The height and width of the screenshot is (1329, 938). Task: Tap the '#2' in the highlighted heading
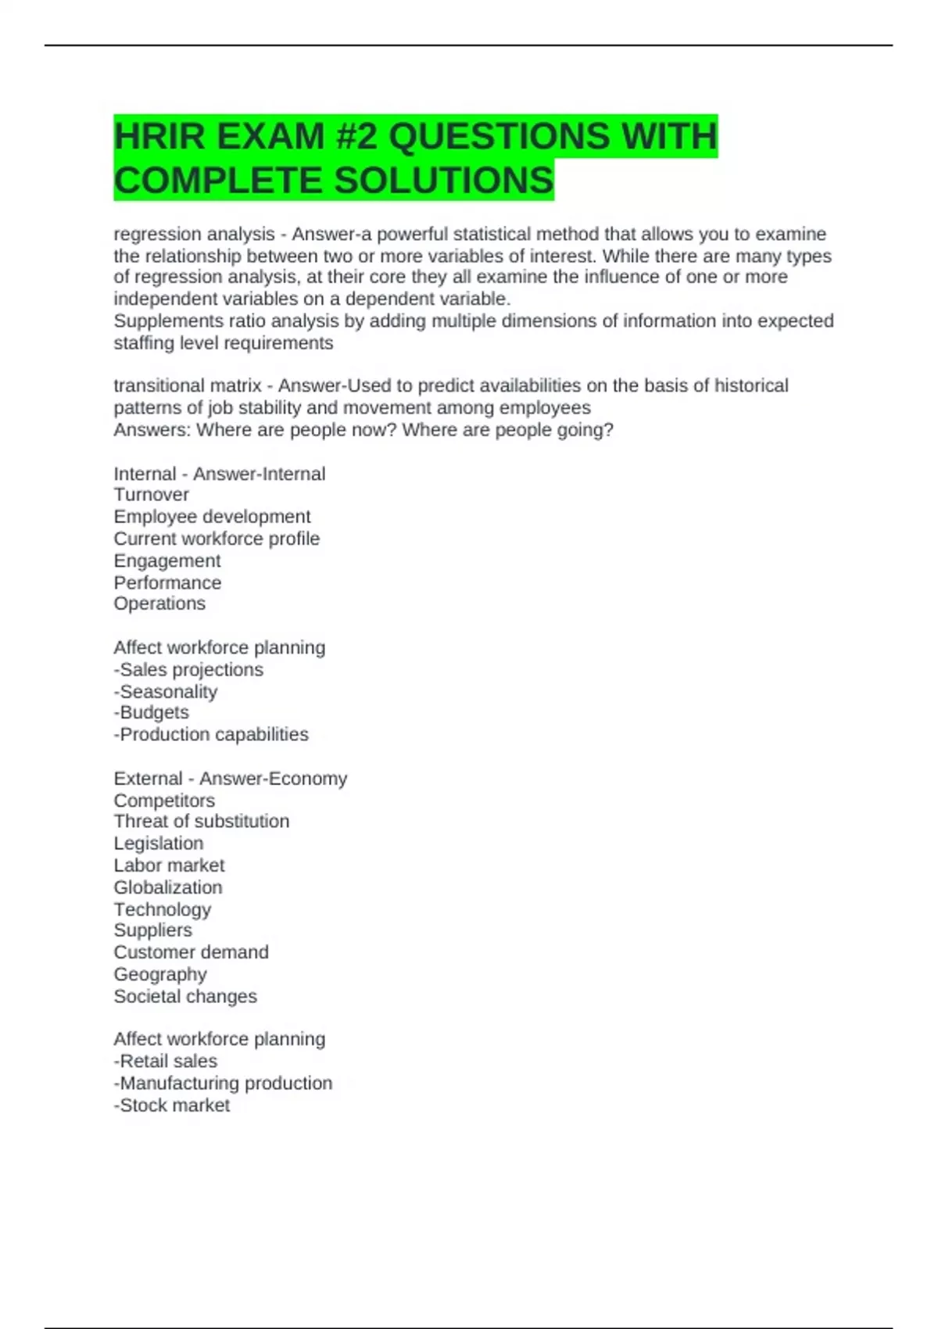click(356, 137)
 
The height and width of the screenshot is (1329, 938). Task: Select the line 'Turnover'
click(152, 495)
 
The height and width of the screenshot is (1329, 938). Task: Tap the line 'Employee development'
click(212, 517)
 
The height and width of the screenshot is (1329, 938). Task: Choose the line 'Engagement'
click(167, 561)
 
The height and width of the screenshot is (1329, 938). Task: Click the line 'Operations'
click(159, 604)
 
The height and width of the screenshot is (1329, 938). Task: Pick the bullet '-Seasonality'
click(166, 692)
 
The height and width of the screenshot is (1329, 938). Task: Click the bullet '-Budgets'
click(152, 713)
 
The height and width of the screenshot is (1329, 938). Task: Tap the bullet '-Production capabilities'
click(211, 735)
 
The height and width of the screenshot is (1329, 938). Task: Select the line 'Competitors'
click(164, 801)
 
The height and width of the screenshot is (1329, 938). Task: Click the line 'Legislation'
click(159, 844)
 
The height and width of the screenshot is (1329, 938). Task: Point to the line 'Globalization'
click(168, 888)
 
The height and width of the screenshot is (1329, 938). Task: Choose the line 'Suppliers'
click(153, 930)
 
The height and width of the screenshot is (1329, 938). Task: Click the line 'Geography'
click(160, 975)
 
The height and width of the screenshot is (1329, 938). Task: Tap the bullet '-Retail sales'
click(166, 1062)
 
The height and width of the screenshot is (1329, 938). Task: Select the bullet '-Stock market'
click(172, 1105)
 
